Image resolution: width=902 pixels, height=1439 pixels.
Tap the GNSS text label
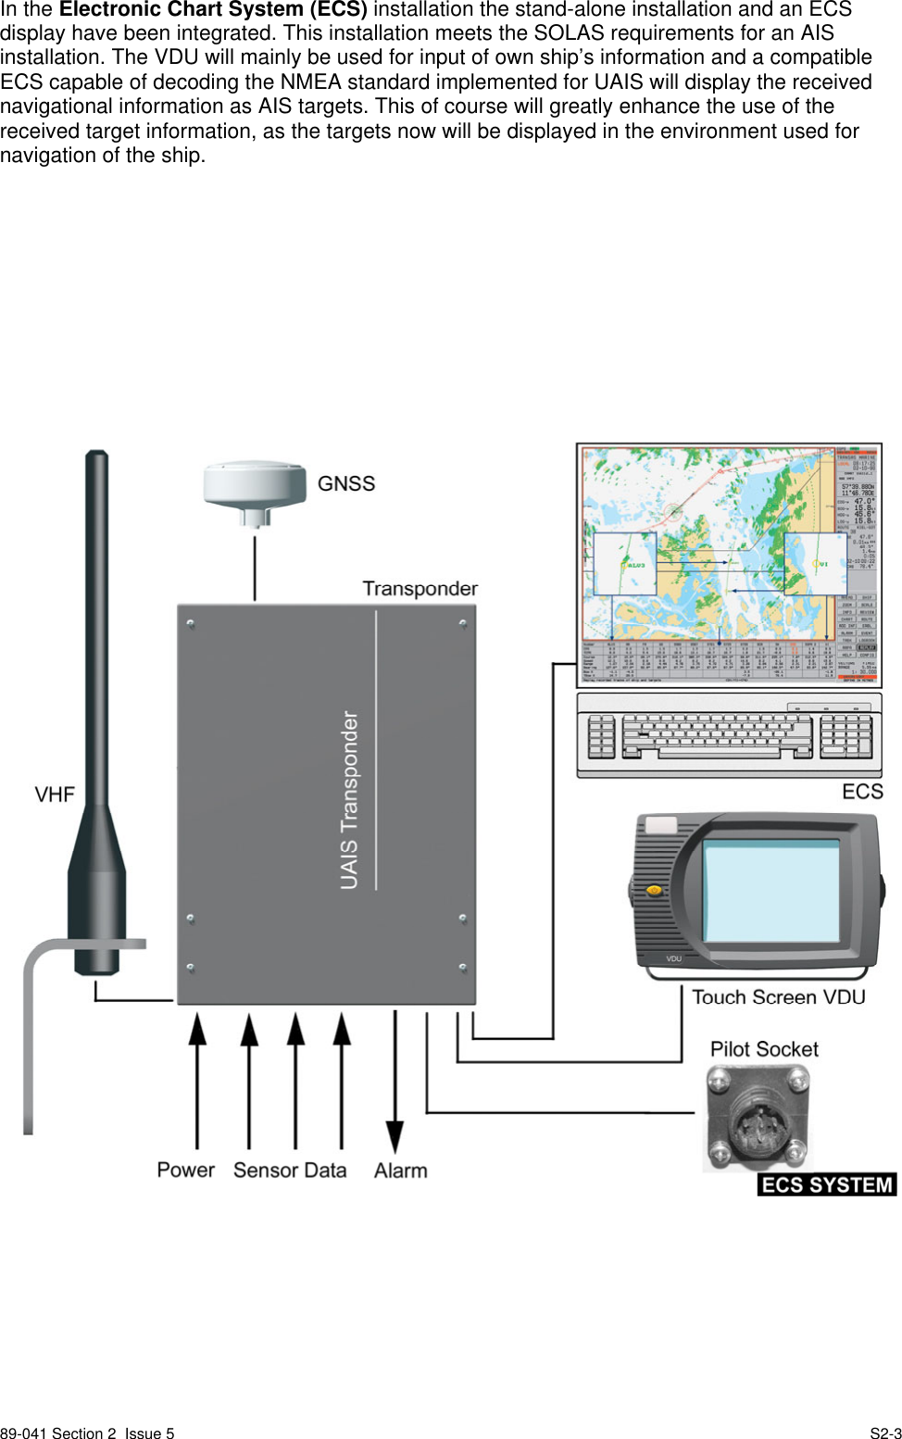(346, 483)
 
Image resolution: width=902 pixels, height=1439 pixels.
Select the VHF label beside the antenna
(55, 795)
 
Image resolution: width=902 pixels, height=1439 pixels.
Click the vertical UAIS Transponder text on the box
(349, 800)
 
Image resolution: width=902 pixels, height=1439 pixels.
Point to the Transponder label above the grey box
(420, 589)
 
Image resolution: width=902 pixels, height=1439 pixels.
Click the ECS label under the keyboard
(862, 792)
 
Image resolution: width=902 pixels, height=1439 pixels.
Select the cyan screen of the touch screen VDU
(771, 890)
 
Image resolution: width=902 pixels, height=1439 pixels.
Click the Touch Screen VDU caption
(778, 997)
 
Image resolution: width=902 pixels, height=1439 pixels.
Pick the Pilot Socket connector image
(758, 1115)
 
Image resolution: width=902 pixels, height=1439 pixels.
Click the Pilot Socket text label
(764, 1049)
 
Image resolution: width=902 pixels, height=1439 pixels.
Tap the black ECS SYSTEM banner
(827, 1185)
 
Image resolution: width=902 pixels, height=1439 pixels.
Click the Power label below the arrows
(185, 1170)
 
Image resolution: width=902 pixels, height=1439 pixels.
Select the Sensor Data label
(290, 1170)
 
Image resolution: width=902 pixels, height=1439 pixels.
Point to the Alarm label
(400, 1170)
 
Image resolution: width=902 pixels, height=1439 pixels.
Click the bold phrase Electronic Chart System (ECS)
(213, 10)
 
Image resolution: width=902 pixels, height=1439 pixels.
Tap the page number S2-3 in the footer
(885, 1433)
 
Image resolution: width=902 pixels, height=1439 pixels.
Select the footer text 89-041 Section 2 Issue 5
(87, 1433)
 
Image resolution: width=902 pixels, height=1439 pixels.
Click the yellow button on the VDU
(655, 890)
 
